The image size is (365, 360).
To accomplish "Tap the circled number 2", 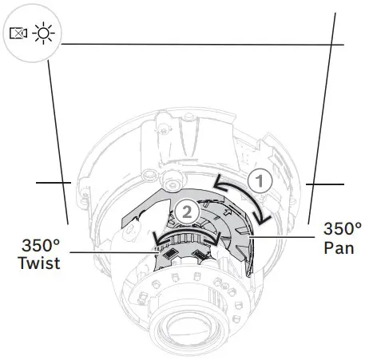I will pyautogui.click(x=186, y=212).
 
